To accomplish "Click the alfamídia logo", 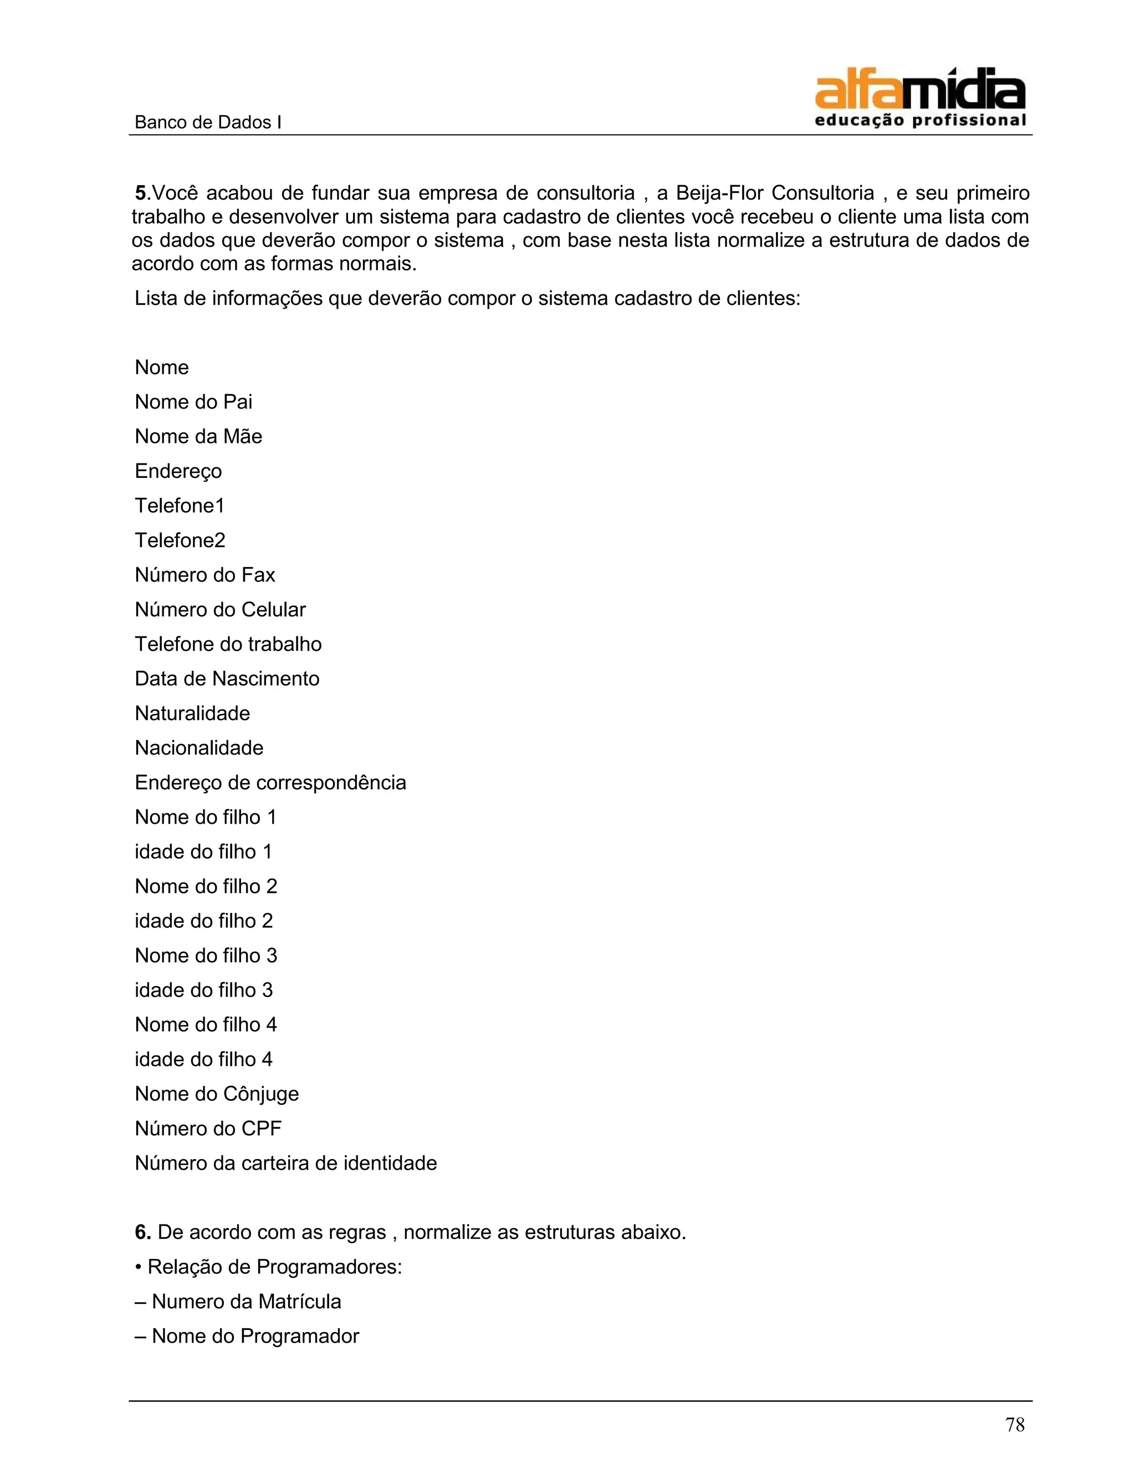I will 920,98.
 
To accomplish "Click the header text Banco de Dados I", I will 208,123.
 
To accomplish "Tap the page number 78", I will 1015,1425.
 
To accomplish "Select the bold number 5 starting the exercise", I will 141,193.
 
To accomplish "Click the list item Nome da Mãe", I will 198,436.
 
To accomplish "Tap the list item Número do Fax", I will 205,574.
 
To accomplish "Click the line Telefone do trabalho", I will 228,644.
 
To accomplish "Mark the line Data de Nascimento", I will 227,678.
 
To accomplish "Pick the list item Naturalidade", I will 192,713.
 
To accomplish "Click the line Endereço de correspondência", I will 270,782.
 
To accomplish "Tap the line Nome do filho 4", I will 206,1024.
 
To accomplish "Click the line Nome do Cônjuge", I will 217,1094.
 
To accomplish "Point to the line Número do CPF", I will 208,1128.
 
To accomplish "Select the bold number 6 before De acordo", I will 142,1232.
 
